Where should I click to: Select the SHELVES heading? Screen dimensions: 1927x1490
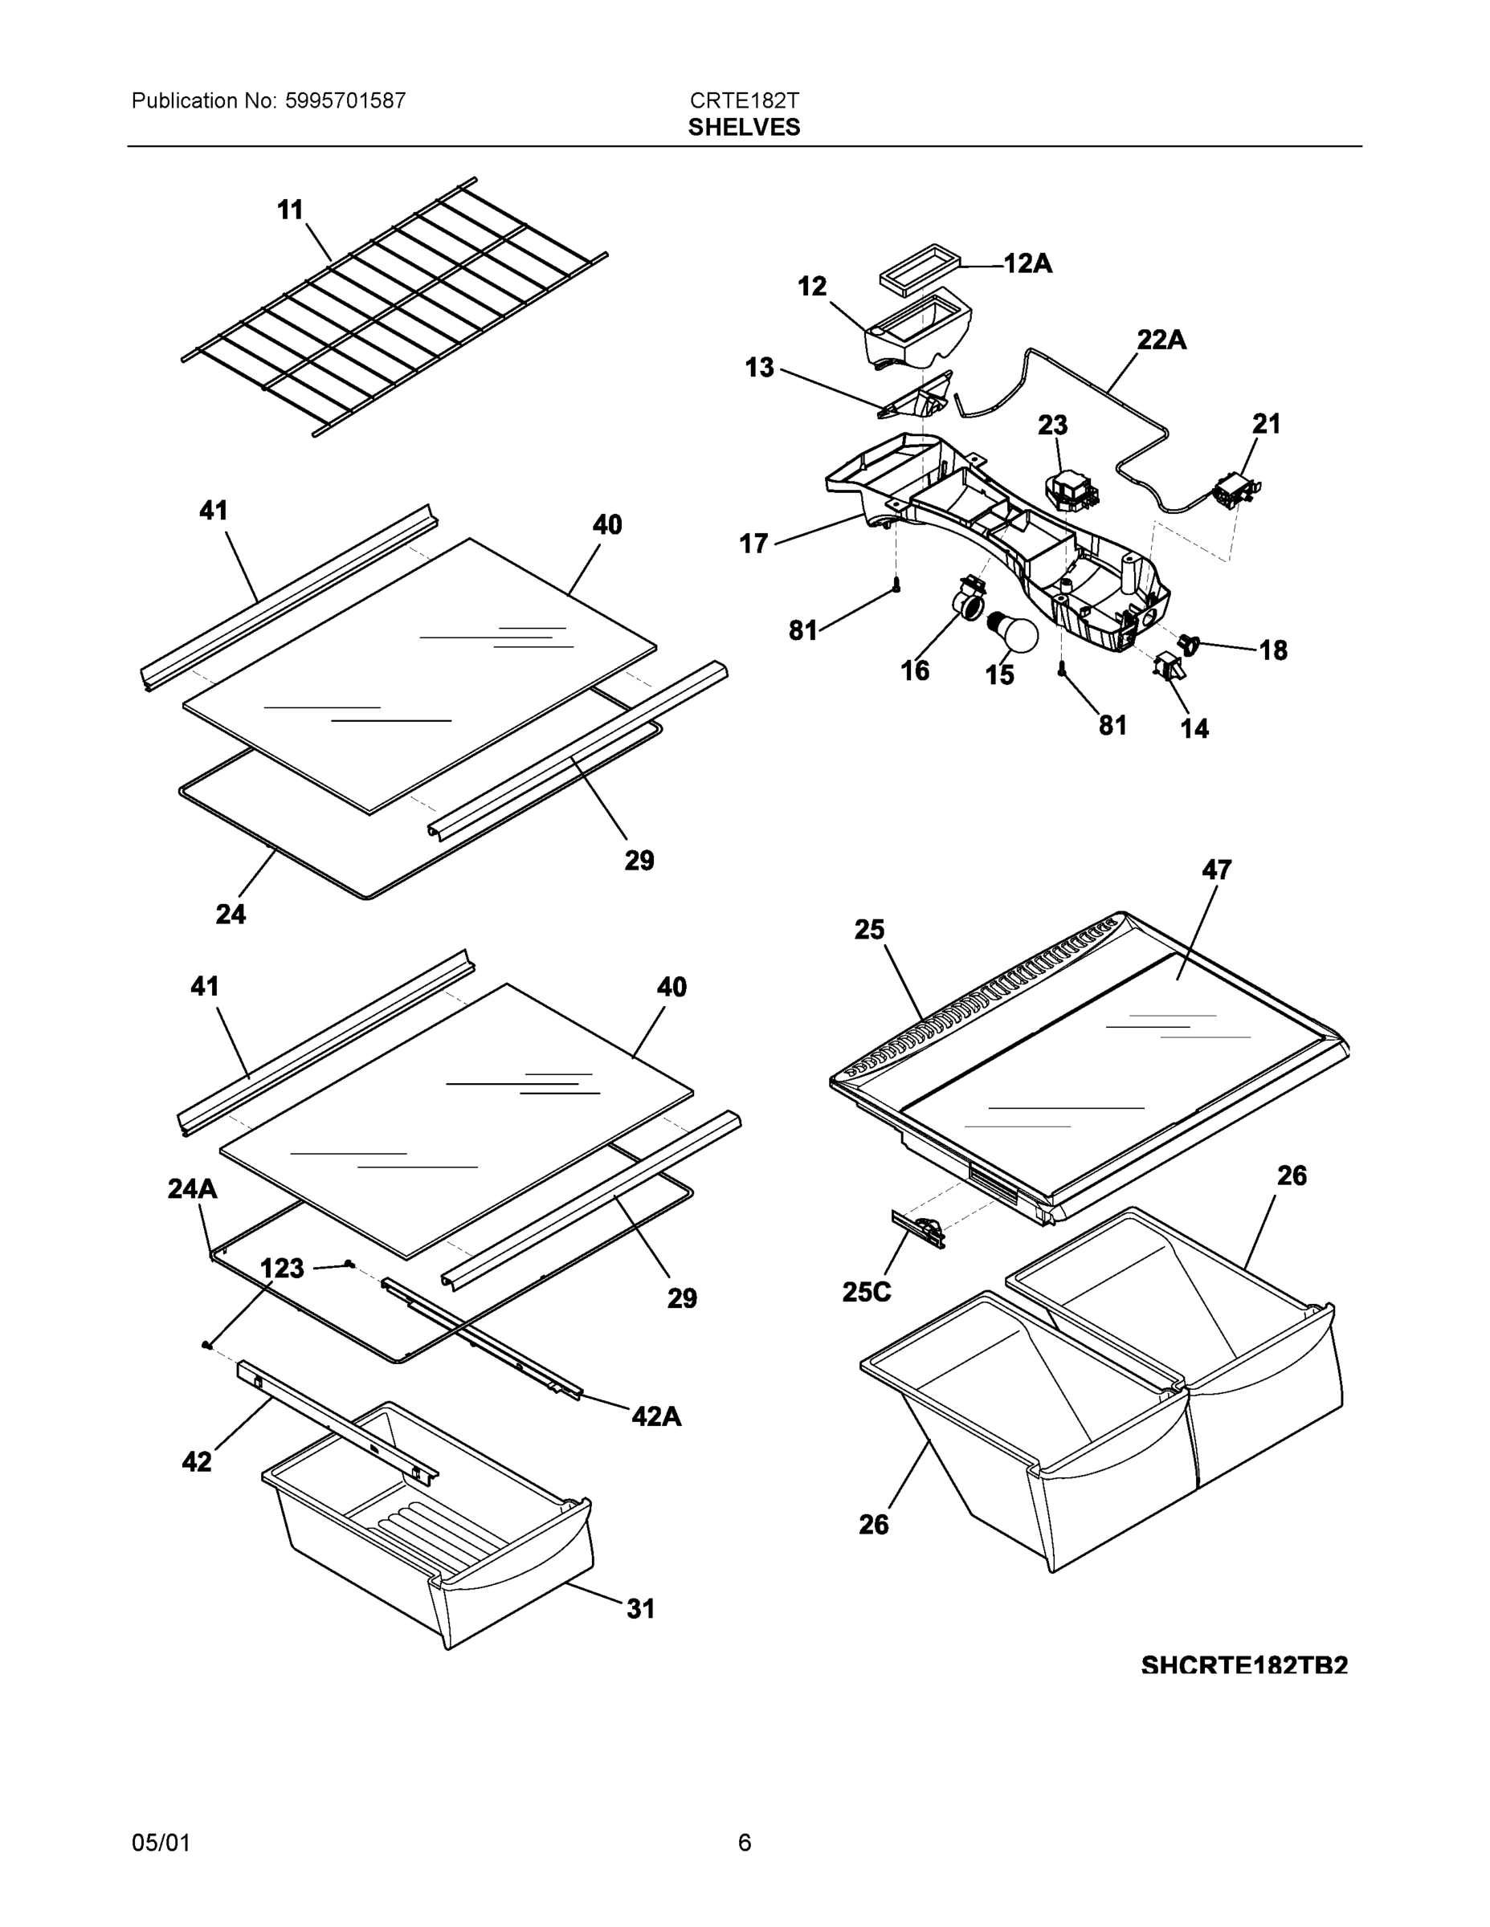[744, 127]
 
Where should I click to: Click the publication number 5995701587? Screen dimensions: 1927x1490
[345, 100]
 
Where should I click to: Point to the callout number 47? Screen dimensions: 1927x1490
[1216, 870]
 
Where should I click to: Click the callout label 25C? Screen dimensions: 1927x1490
[866, 1292]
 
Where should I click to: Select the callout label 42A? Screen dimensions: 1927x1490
[656, 1416]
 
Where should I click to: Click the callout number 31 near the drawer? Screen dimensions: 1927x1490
[641, 1608]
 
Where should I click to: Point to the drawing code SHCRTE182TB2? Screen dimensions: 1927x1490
[1243, 1665]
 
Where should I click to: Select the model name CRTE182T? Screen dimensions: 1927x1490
[744, 100]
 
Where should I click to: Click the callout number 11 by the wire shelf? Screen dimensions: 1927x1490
[291, 210]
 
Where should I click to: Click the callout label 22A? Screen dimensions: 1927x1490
[1161, 340]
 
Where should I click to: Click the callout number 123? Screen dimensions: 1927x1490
[283, 1268]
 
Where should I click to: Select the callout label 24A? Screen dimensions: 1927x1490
[193, 1189]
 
